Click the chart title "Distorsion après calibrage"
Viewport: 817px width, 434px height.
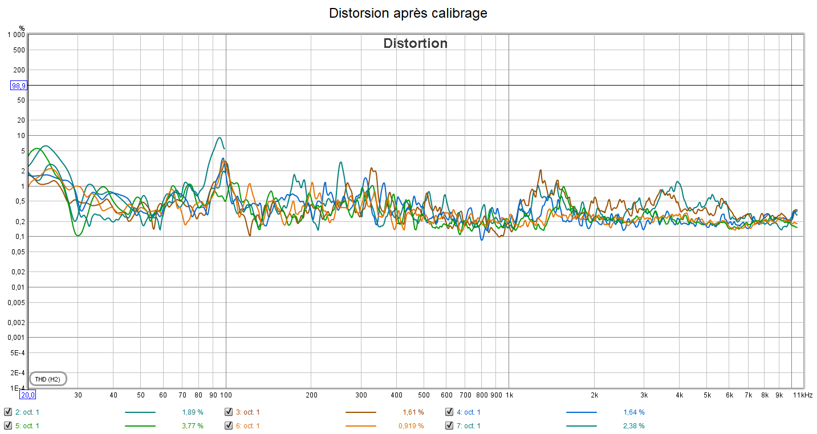[x=408, y=13]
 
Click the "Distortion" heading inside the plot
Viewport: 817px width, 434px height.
[x=415, y=43]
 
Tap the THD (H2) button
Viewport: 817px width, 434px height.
[x=48, y=379]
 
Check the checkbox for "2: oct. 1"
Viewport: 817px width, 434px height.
[x=8, y=412]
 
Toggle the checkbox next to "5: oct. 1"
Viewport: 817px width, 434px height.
[x=8, y=425]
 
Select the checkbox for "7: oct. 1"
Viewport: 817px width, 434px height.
[x=449, y=425]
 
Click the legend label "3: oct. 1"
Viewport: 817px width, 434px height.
[x=248, y=412]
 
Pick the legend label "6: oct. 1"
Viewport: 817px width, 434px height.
[x=248, y=425]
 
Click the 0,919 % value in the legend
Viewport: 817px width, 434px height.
[x=410, y=425]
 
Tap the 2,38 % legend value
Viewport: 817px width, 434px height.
[x=634, y=425]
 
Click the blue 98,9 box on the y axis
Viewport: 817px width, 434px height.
[x=19, y=86]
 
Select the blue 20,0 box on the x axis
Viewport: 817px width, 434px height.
[x=27, y=395]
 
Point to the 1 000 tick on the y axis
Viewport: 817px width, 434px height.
[x=15, y=35]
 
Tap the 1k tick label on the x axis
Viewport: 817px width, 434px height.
[x=509, y=395]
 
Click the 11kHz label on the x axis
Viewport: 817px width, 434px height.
[x=803, y=395]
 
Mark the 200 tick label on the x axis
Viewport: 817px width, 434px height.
[x=311, y=395]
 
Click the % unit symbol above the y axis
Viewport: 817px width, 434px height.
[x=22, y=28]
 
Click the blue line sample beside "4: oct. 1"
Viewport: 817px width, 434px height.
[x=581, y=412]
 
